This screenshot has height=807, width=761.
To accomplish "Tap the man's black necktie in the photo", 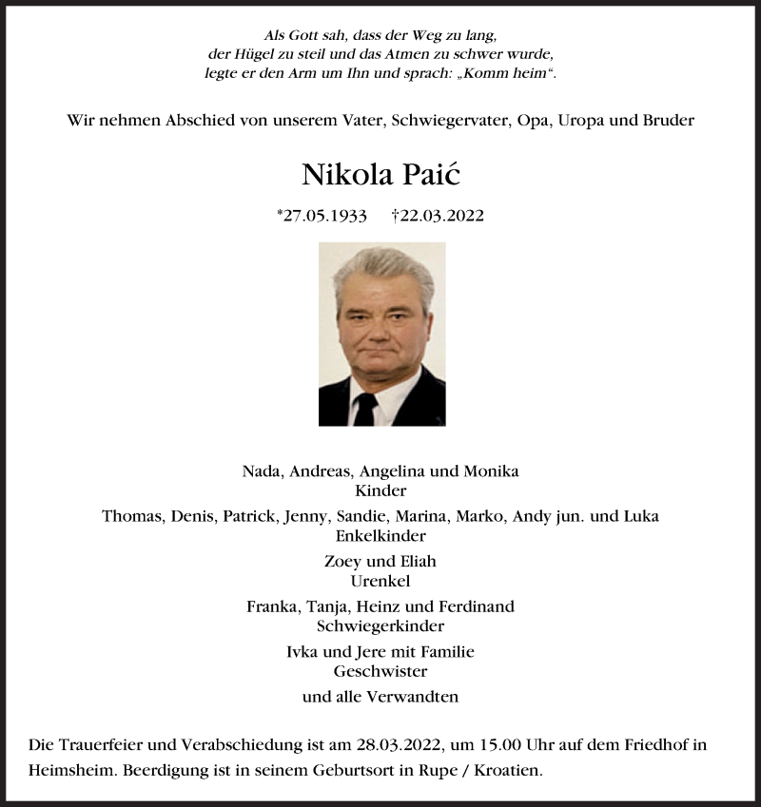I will (x=365, y=409).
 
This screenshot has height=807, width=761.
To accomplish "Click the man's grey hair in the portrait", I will (x=381, y=263).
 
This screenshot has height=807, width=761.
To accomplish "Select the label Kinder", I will (x=380, y=490).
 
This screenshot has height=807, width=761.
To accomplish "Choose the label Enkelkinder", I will (x=380, y=535).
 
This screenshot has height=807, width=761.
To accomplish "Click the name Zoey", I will (x=342, y=561).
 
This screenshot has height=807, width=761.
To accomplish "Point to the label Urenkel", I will (x=380, y=580).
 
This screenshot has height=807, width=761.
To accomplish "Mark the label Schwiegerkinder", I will (x=380, y=625).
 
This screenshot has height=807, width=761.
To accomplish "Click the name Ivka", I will (x=304, y=651).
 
